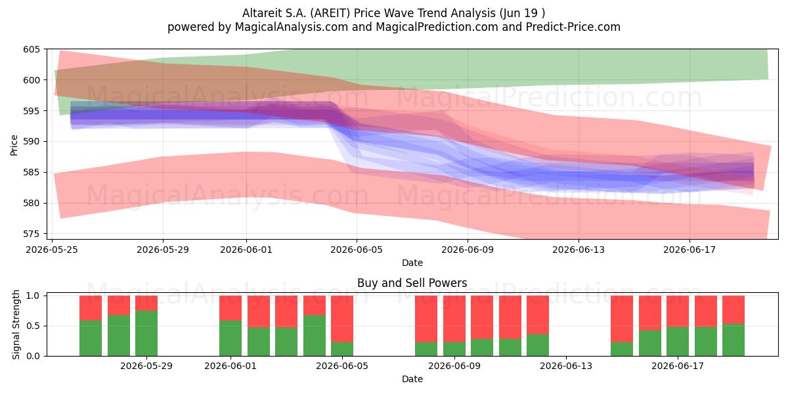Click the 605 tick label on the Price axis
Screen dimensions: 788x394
coord(32,49)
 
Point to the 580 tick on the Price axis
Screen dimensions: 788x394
coord(32,204)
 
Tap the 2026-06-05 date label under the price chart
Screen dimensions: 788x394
coord(357,250)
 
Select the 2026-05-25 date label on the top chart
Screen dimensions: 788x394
coord(52,250)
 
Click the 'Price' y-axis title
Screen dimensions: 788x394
coord(14,145)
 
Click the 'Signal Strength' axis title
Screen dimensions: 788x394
coord(16,324)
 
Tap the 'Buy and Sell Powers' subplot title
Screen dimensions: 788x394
coord(412,283)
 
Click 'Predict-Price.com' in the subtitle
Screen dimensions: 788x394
coord(573,27)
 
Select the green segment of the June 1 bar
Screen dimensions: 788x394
coord(230,338)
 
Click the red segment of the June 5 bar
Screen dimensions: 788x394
coord(342,318)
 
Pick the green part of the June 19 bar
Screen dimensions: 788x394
coord(733,340)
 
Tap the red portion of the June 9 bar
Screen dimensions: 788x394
coord(454,318)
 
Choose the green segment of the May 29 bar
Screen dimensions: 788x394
coord(146,333)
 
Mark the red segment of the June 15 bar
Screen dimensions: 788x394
coord(622,318)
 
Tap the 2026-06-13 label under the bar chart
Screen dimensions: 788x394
coord(566,366)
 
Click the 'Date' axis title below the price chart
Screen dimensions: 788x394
coord(412,263)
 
